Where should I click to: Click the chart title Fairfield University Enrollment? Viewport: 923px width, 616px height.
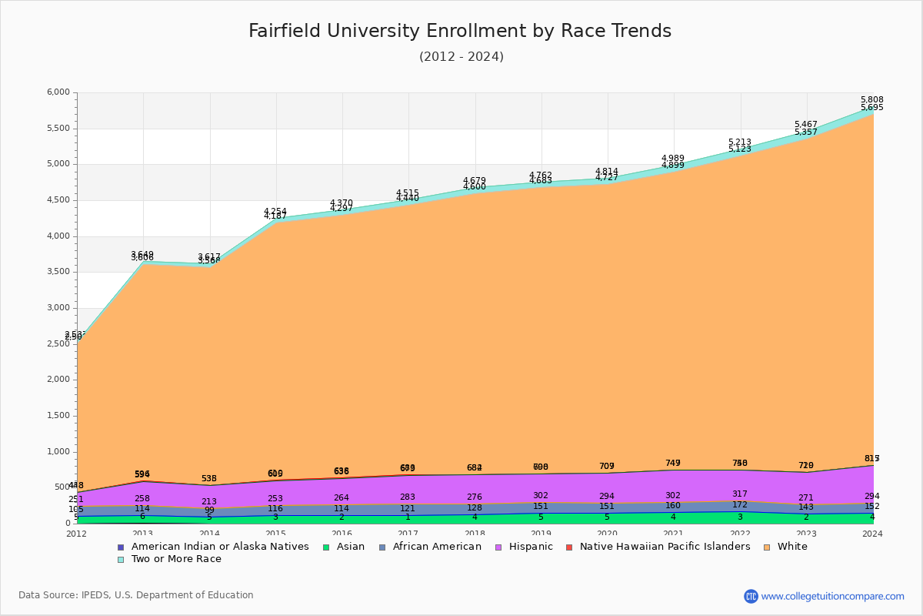coord(460,31)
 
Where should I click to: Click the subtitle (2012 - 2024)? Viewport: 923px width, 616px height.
coord(461,57)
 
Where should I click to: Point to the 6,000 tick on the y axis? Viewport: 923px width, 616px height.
coord(59,92)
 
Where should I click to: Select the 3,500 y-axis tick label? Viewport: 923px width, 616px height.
coord(59,272)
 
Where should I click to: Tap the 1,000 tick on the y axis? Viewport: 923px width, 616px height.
coord(59,452)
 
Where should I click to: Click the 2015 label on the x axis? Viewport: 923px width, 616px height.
coord(275,534)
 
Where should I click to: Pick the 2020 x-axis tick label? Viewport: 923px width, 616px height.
coord(607,534)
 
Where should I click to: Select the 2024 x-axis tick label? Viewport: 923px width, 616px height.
coord(872,534)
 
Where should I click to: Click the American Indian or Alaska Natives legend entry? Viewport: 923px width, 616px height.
coord(219,547)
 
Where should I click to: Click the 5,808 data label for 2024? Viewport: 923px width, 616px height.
coord(871,100)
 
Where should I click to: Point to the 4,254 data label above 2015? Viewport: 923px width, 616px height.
coord(275,212)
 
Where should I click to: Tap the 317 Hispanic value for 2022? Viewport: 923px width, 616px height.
coord(739,494)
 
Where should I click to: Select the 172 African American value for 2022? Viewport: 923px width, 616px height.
coord(739,505)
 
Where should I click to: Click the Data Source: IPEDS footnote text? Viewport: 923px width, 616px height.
coord(136,595)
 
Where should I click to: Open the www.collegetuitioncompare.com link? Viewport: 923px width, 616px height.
coord(832,596)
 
